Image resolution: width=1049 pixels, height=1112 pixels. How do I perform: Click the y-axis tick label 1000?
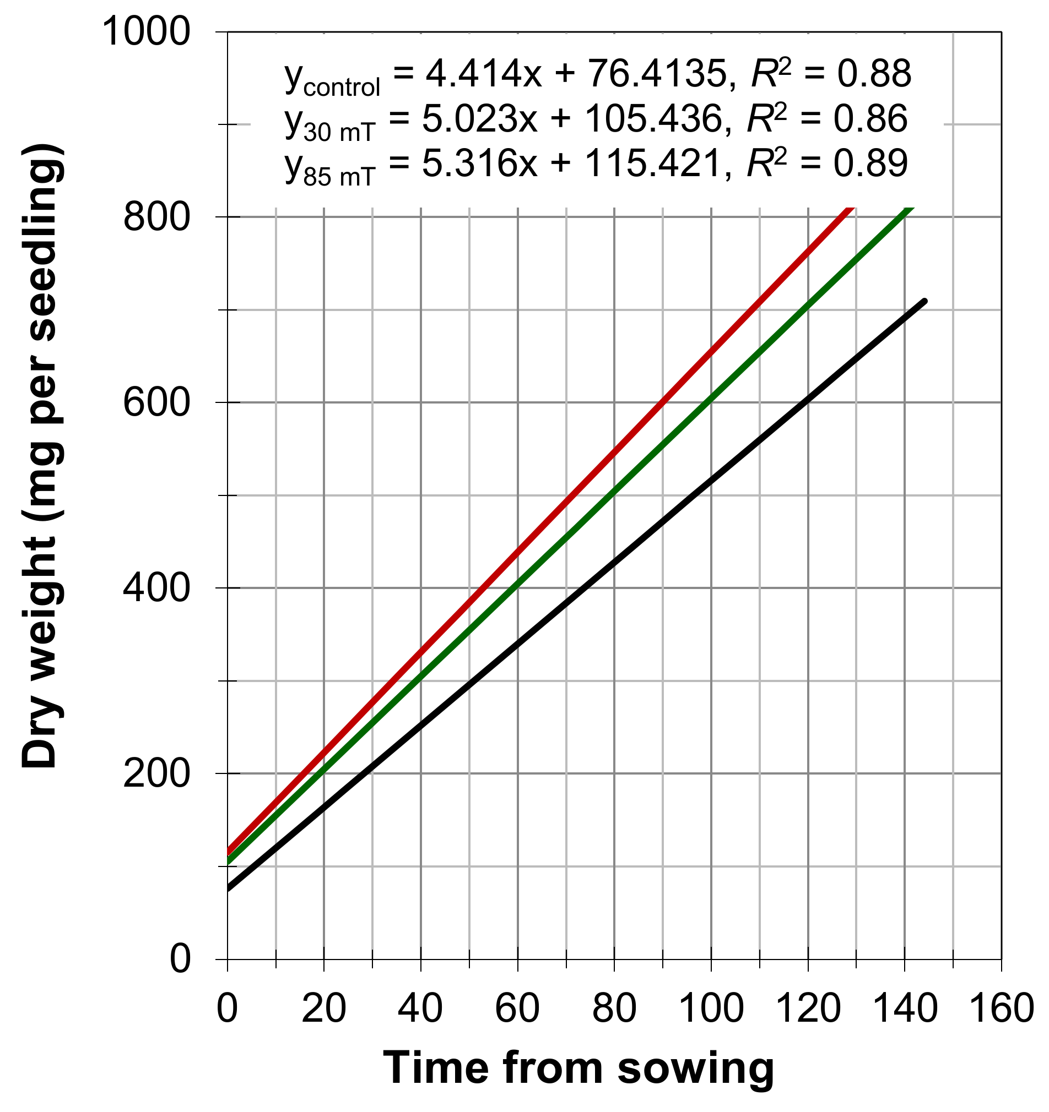[147, 32]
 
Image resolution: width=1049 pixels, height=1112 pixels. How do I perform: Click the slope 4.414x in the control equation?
[483, 74]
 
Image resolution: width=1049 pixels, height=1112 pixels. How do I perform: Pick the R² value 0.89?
[870, 163]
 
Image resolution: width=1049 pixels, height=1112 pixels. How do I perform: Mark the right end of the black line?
[925, 302]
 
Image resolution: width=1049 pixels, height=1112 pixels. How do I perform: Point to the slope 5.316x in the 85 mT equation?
[479, 163]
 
